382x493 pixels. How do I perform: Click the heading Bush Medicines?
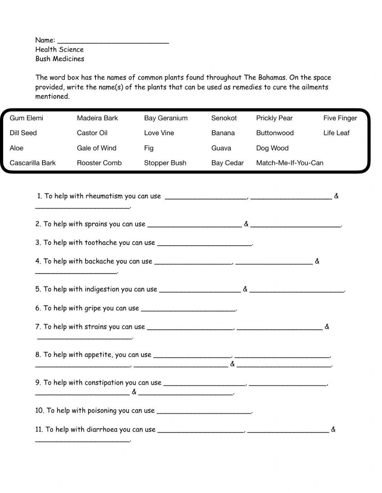[x=60, y=59]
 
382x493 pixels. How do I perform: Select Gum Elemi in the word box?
[x=26, y=118]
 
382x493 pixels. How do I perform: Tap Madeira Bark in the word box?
[x=97, y=118]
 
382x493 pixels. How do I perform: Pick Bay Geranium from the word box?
[x=166, y=118]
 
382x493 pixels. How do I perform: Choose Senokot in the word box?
[x=224, y=118]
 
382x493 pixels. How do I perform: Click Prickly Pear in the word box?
[x=274, y=118]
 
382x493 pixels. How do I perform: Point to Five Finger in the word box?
[x=340, y=118]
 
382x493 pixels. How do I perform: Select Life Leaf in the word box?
[x=336, y=133]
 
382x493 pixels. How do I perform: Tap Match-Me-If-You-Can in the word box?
[x=290, y=163]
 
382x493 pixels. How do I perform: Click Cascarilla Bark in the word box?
[x=32, y=163]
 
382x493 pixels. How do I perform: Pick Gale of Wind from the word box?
[x=97, y=148]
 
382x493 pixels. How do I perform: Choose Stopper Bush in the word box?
[x=165, y=163]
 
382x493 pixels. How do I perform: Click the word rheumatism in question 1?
[x=104, y=196]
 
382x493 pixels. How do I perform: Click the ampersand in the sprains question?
[x=246, y=224]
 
